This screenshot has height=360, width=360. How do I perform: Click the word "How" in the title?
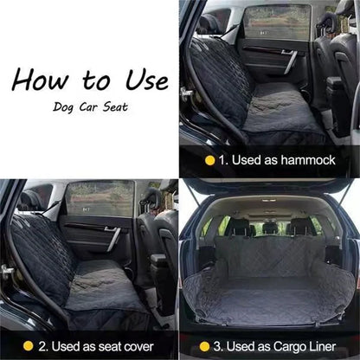40,79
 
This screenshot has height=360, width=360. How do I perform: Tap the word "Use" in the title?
147,80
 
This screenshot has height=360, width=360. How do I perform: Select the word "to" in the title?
96,80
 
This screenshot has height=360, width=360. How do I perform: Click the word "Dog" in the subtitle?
63,107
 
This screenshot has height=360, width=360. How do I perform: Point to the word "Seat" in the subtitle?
115,106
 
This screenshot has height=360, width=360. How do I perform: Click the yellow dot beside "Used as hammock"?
209,160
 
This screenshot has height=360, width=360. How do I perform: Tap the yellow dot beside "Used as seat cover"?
28,346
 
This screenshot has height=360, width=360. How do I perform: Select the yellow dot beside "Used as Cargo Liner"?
204,346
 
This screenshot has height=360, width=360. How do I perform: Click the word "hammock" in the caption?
308,160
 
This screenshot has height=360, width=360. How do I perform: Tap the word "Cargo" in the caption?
289,347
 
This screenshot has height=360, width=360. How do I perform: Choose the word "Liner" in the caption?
322,346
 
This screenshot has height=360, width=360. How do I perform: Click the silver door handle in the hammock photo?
290,61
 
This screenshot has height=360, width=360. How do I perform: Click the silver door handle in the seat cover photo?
112,237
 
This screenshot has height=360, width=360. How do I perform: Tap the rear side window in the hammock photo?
278,22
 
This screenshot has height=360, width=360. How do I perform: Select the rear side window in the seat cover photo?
100,199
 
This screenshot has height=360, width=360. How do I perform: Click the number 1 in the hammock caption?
222,160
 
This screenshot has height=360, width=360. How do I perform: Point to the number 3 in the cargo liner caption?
217,347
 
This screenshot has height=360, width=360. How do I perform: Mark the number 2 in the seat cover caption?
43,346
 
